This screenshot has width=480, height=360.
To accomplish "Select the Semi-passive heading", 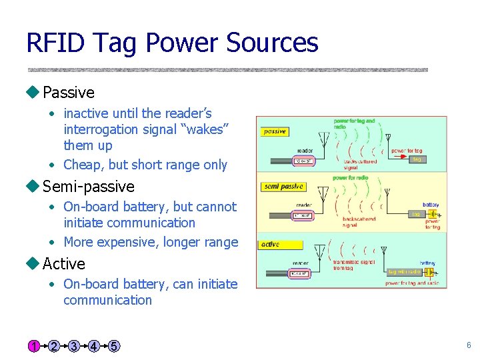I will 88,187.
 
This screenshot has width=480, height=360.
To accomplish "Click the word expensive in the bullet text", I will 131,242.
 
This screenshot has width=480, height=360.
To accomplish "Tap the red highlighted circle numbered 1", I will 33,346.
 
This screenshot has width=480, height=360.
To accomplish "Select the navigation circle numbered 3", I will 73,346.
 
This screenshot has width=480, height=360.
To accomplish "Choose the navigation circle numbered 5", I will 114,346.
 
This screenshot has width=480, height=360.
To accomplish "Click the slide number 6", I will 469,345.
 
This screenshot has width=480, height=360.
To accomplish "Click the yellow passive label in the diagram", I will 275,131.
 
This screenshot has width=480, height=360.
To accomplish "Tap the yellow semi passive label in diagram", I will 283,187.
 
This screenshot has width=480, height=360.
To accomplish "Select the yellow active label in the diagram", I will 271,244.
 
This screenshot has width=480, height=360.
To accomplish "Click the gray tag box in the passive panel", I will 416,159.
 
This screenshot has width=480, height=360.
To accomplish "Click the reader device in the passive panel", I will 304,161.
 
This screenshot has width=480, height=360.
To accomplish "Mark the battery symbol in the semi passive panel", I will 433,215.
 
